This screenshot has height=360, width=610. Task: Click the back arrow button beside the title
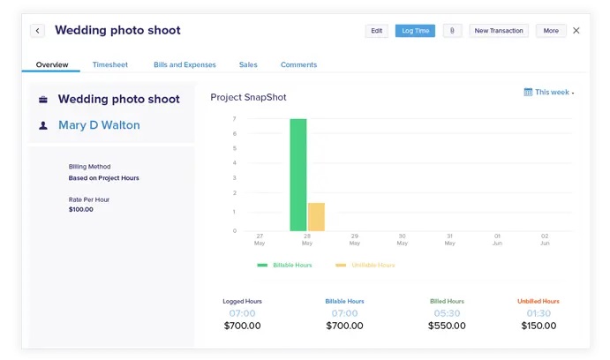point(37,31)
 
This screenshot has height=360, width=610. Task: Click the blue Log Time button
point(415,31)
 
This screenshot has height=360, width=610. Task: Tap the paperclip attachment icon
point(452,31)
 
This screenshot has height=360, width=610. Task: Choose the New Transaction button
point(499,31)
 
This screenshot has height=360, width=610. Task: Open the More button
point(551,31)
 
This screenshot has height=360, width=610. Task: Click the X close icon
point(576,31)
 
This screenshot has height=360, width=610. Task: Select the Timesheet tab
point(109,64)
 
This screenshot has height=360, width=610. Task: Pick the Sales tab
point(248,64)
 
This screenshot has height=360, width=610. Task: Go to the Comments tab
point(298,64)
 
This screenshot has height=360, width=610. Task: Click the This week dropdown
point(548,92)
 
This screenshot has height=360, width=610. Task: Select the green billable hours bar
point(298,175)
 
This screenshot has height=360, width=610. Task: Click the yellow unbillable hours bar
point(316,217)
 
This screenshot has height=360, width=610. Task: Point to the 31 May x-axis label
point(450,240)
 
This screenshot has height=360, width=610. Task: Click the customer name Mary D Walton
point(99,125)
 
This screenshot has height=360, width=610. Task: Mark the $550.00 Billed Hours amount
point(447,326)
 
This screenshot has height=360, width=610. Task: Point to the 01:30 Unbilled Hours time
point(538,313)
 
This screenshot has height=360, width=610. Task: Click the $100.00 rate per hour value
point(80,209)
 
